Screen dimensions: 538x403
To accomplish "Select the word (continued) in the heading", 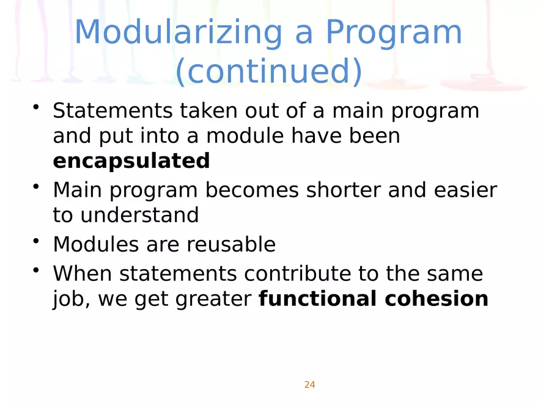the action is [269, 71].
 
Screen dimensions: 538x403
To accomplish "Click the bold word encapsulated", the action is [131, 161].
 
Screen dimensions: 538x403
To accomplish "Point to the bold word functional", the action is [318, 298].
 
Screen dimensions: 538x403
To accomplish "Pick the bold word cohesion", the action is [437, 298].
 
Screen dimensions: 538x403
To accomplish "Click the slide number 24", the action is [309, 385].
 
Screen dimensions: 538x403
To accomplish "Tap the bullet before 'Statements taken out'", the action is [36, 107].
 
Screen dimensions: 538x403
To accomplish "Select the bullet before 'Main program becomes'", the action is [36, 186].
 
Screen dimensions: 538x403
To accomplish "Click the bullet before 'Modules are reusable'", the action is [36, 241].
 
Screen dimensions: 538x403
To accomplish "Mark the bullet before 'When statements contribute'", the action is [36, 270].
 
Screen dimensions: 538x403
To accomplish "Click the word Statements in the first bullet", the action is [112, 111].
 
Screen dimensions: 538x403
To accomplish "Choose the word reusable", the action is [231, 244].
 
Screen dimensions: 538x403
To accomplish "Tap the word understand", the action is [139, 215].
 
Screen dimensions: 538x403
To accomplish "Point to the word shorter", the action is [344, 190].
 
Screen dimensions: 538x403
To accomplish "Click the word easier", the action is [465, 190].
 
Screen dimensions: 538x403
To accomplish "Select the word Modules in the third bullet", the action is [96, 244].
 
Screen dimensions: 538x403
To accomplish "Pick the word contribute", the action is [298, 274].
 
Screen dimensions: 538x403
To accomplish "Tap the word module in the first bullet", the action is [245, 136].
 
